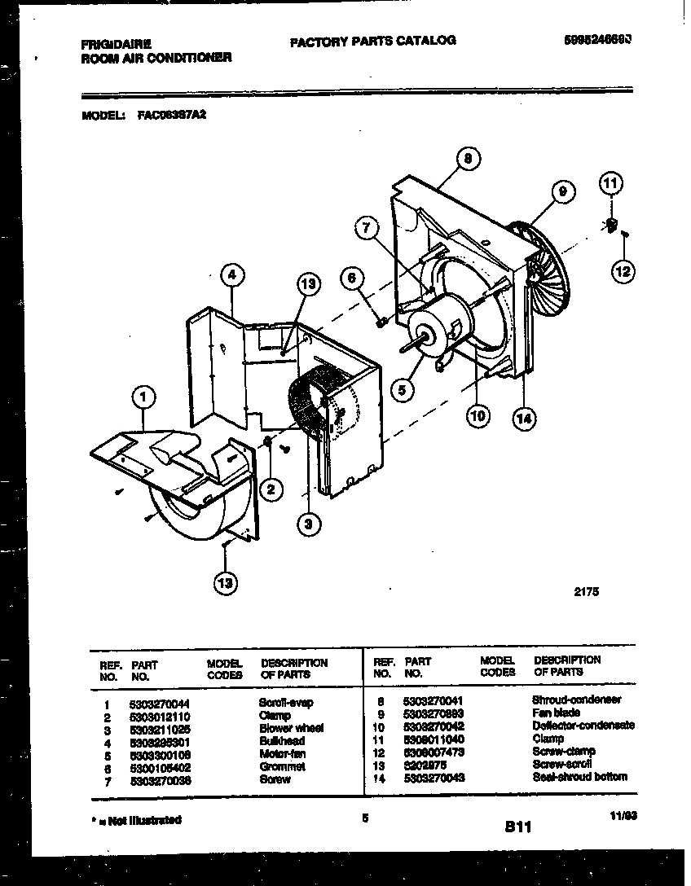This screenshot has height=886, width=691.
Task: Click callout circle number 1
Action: (x=143, y=397)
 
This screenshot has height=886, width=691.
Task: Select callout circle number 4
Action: (x=232, y=276)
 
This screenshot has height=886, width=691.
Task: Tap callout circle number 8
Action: (x=467, y=160)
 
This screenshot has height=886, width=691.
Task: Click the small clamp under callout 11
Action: (x=612, y=223)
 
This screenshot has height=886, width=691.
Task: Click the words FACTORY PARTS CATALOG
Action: (x=372, y=40)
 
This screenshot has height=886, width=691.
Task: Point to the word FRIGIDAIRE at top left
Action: (x=117, y=46)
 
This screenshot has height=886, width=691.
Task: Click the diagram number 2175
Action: (x=587, y=594)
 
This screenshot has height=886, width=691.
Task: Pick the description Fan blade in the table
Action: (x=556, y=713)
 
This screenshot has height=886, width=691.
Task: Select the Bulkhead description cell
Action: (x=281, y=741)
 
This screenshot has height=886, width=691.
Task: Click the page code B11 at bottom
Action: (x=517, y=827)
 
